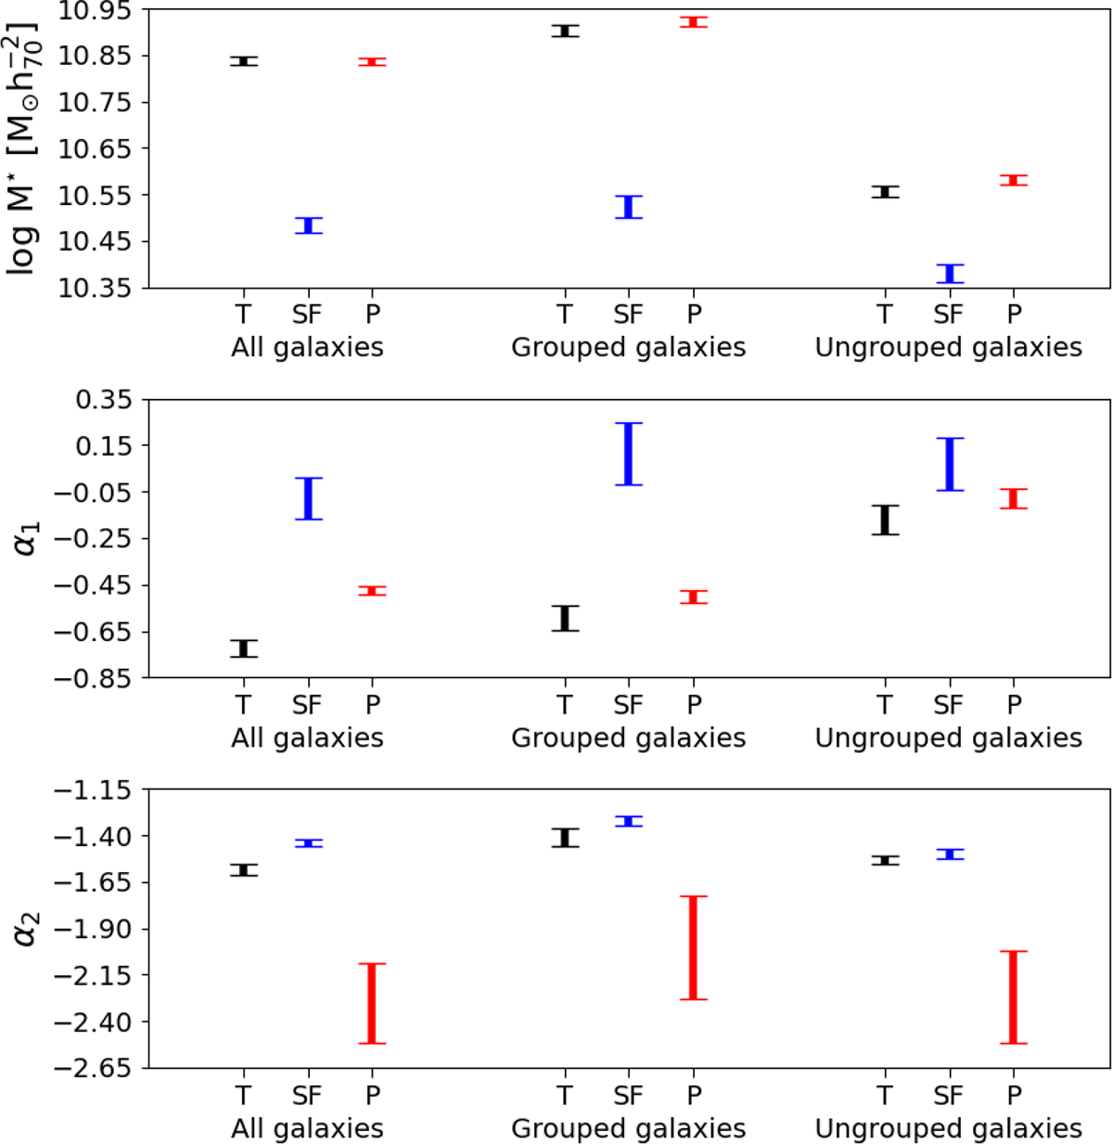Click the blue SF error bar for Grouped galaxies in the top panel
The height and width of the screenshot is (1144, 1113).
coord(629,207)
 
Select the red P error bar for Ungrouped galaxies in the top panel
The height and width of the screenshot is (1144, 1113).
coord(1014,180)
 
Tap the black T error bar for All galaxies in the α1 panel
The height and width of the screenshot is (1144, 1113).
coord(244,649)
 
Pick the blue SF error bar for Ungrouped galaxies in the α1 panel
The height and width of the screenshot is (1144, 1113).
coord(950,464)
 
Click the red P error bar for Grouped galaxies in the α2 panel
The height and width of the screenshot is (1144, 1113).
coord(694,947)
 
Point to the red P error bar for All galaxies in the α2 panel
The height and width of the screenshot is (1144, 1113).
coord(372,1003)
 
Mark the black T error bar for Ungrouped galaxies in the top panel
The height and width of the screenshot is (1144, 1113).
coord(886,192)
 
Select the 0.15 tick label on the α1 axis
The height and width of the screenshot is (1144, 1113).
coord(104,446)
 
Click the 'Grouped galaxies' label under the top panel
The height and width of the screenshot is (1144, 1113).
coord(629,347)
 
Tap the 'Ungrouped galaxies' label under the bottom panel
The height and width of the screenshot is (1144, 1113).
coord(949,1128)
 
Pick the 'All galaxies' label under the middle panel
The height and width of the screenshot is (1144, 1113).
coord(307,738)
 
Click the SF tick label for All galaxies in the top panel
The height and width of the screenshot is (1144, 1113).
coord(307,315)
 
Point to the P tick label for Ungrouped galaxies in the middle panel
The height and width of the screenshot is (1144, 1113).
coord(1014,705)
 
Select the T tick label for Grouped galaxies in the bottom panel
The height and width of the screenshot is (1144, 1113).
coord(565,1096)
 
